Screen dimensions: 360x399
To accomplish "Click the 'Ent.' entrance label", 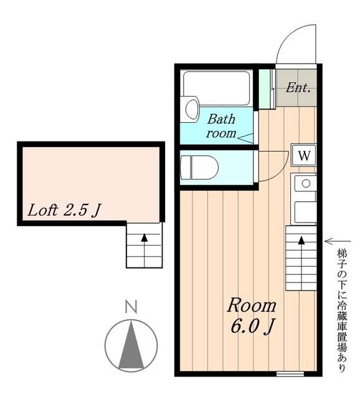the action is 298,88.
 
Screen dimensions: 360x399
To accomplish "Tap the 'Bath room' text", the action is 221,126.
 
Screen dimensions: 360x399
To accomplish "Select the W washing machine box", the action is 304,155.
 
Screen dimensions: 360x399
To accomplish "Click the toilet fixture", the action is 199,168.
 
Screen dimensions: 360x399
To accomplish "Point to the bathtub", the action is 216,88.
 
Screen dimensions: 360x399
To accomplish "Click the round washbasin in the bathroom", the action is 191,109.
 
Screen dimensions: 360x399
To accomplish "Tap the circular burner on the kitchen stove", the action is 306,183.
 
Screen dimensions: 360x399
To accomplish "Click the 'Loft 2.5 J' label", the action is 64,211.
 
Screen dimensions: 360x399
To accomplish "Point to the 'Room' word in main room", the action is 252,305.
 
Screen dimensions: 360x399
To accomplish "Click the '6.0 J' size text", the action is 253,327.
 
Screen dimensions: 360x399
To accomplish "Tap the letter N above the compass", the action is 131,307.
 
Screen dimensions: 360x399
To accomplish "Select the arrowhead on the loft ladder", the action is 144,238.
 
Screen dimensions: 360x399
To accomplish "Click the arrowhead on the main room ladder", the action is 301,241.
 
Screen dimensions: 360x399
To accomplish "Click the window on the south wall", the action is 290,373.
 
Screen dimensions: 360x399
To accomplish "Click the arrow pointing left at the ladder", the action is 338,241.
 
